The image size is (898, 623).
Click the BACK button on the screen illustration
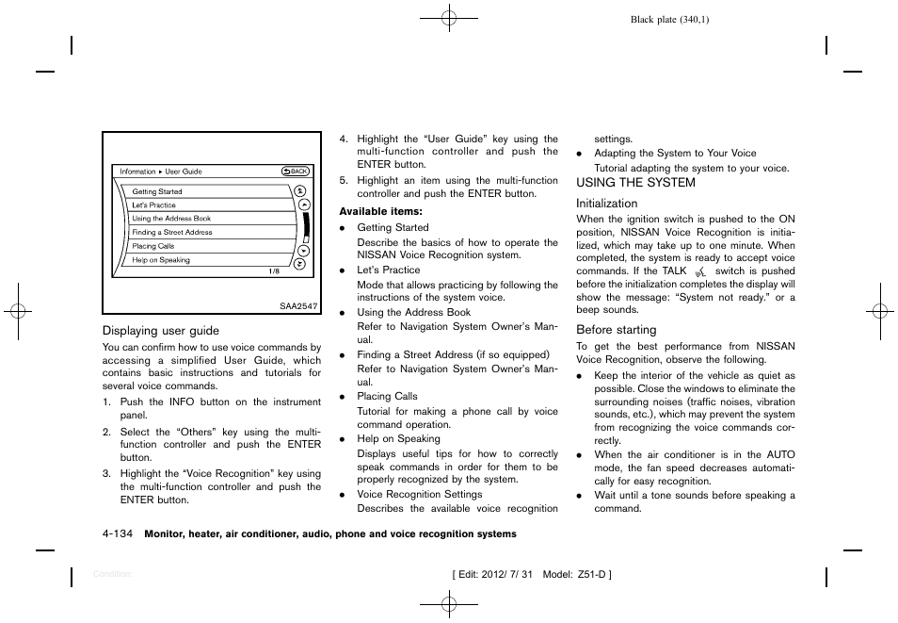[296, 172]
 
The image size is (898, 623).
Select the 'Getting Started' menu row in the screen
[157, 191]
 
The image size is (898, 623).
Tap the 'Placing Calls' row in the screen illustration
[153, 246]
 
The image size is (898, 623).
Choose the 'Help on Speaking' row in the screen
[161, 260]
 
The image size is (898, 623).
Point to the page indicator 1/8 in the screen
[274, 271]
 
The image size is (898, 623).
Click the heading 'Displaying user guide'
[160, 331]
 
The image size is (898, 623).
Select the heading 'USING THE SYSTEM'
[635, 183]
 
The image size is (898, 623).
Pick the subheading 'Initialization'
[606, 204]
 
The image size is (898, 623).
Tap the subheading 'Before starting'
[616, 330]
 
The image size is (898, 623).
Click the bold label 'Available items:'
[380, 211]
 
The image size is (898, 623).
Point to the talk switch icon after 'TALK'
[699, 271]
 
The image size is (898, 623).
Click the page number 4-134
[118, 534]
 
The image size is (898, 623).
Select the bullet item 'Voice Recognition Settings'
[419, 494]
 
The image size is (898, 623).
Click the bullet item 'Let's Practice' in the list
[388, 270]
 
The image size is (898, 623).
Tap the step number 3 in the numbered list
[106, 473]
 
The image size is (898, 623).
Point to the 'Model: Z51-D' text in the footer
[576, 575]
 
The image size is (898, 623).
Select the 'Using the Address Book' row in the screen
[171, 219]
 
